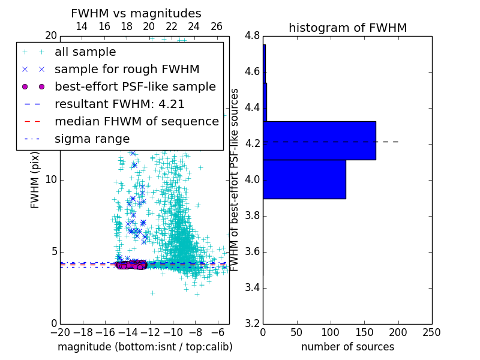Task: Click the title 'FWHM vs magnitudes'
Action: click(x=136, y=13)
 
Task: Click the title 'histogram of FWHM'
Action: click(x=347, y=28)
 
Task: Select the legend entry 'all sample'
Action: click(x=85, y=52)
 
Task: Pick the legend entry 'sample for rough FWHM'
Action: click(x=127, y=69)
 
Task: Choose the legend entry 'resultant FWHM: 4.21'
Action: click(x=119, y=104)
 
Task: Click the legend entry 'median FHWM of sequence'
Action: click(x=136, y=121)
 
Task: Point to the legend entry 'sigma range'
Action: click(x=92, y=139)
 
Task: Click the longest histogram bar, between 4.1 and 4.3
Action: click(x=319, y=140)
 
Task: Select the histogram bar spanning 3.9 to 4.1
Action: click(x=304, y=179)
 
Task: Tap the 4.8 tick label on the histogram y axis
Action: click(x=252, y=36)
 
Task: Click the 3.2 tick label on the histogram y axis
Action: click(x=252, y=323)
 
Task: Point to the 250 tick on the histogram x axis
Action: click(x=431, y=332)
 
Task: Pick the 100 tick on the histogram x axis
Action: click(x=331, y=332)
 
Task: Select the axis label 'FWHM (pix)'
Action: click(x=35, y=179)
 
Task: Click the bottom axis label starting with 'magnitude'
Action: click(x=145, y=347)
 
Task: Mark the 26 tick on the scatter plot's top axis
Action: click(x=217, y=26)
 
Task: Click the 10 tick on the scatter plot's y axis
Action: click(x=51, y=179)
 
